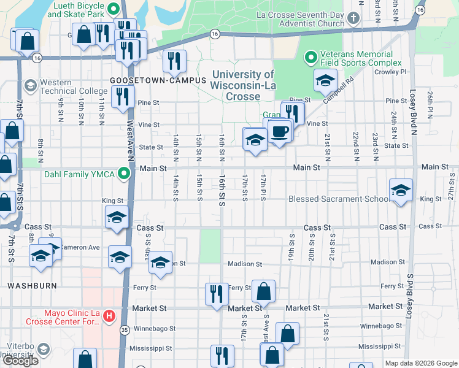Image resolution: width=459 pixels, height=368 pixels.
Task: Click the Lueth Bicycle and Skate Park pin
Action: tap(114, 9)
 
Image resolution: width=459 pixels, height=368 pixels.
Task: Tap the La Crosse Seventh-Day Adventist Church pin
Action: tap(353, 19)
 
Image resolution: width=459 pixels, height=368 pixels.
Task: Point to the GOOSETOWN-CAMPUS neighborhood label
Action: tap(150, 80)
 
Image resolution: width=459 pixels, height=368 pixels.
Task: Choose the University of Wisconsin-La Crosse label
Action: tap(243, 85)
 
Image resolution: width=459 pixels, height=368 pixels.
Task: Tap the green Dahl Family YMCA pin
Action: tap(126, 174)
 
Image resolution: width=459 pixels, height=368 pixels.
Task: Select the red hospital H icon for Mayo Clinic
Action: tap(109, 316)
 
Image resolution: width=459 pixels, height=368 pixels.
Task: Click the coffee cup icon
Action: tap(280, 131)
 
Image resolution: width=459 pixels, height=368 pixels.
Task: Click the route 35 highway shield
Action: tap(124, 329)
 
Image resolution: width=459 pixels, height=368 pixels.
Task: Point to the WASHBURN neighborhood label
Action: tap(33, 286)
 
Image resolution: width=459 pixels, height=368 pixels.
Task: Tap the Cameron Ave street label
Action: tap(80, 247)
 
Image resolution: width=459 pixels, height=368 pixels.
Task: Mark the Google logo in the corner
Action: tap(20, 361)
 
